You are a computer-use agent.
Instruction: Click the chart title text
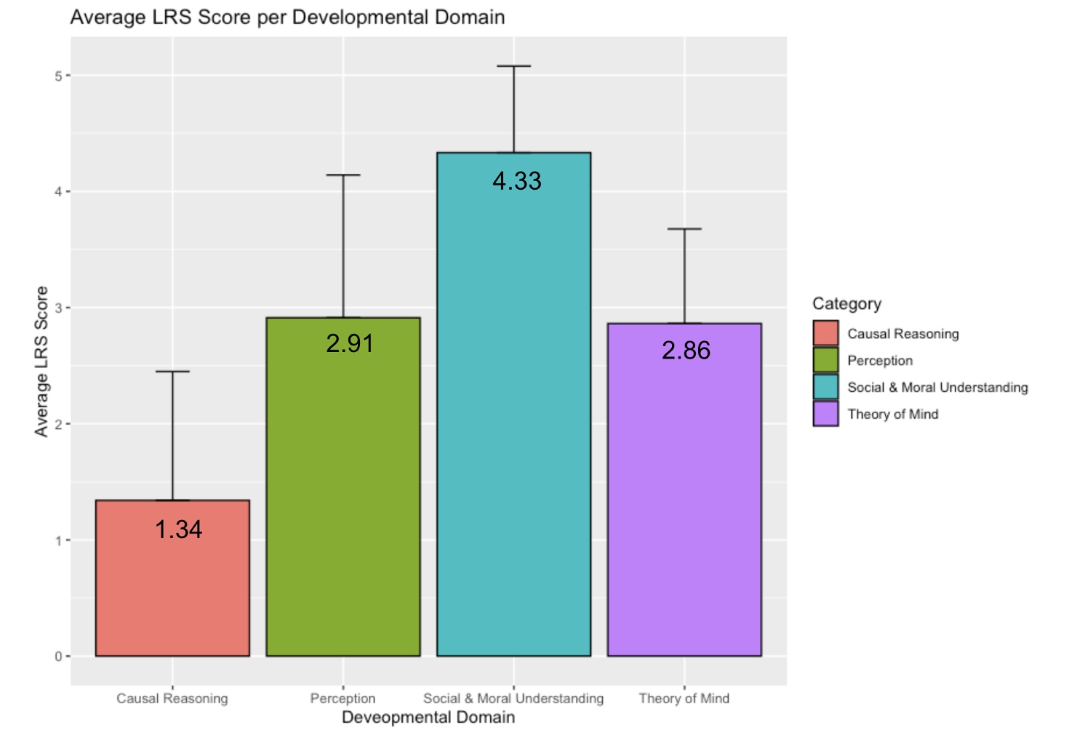click(287, 17)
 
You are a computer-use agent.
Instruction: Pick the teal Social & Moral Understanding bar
click(513, 422)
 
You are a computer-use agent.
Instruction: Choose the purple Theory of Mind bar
click(684, 502)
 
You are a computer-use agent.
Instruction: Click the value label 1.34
click(179, 529)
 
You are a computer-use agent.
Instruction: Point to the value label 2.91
click(350, 343)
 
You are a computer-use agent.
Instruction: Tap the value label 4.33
click(517, 181)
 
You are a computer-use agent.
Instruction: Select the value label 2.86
click(686, 351)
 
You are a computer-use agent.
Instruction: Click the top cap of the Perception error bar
click(343, 175)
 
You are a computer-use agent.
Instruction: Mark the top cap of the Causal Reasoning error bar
click(172, 372)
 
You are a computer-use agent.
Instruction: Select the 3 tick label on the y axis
click(59, 308)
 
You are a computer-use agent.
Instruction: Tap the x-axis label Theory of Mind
click(684, 698)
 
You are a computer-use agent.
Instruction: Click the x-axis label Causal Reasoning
click(172, 698)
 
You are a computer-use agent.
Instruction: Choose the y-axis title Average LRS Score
click(41, 361)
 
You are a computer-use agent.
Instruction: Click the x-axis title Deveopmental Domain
click(428, 718)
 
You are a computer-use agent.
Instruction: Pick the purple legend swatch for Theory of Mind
click(825, 414)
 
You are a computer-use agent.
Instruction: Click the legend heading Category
click(846, 304)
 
